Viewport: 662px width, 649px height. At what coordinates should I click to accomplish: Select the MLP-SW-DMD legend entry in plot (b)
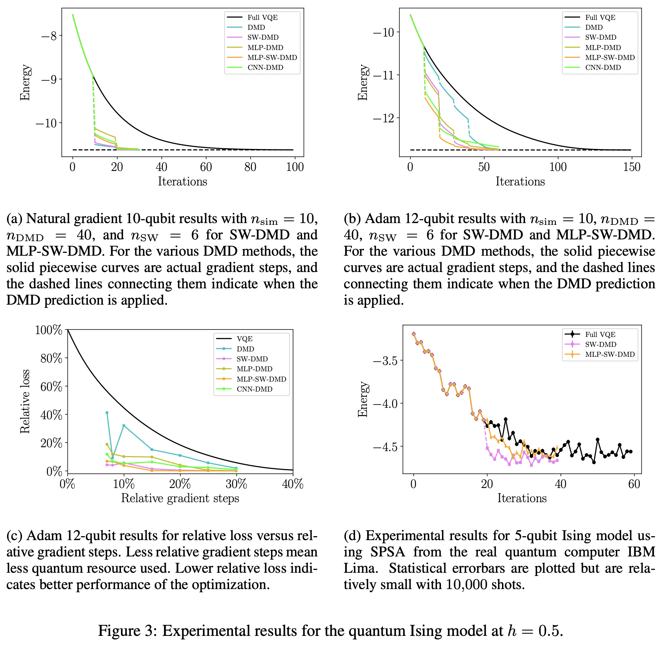click(x=610, y=58)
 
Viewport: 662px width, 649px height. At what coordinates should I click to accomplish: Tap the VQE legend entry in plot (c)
click(x=244, y=339)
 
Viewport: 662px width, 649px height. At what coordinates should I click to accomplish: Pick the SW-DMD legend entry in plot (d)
click(x=601, y=345)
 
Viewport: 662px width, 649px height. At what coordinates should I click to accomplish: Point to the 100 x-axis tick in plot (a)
click(x=295, y=167)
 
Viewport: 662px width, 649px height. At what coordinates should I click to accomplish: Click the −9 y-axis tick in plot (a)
click(x=49, y=79)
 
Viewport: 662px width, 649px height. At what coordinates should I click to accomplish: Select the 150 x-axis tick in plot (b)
click(x=632, y=167)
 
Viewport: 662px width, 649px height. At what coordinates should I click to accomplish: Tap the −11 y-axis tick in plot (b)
click(x=384, y=75)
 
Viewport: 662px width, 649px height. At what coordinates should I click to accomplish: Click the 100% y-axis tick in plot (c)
click(x=49, y=330)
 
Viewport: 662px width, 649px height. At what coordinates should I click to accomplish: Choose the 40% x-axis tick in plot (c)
click(x=293, y=484)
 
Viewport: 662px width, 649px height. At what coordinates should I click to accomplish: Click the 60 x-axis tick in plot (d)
click(x=634, y=484)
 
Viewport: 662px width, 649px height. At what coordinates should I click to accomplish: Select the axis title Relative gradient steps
click(x=180, y=499)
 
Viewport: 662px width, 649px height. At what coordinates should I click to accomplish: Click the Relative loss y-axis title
click(x=25, y=401)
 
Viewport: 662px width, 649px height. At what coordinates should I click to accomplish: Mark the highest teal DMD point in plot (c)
click(x=107, y=413)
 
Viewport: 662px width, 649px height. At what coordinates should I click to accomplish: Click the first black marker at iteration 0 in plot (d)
click(x=414, y=334)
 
